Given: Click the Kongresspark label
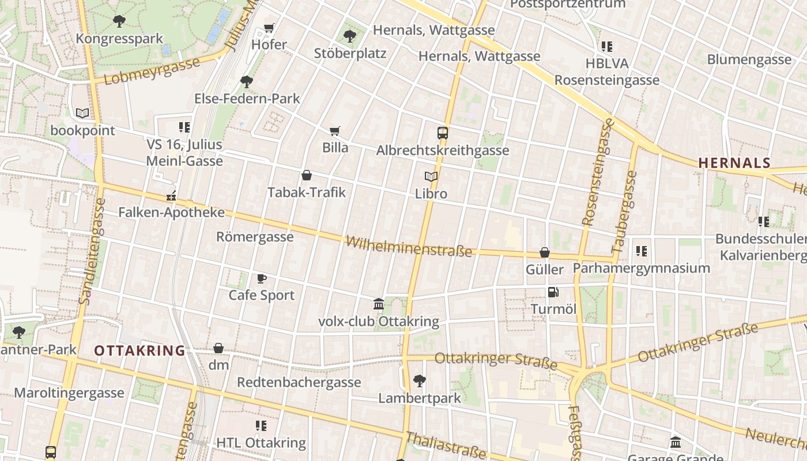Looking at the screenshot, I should [x=120, y=39].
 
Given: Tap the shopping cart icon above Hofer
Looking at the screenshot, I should [x=269, y=28].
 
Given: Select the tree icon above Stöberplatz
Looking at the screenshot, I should [x=349, y=36].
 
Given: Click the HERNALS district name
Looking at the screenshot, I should [x=734, y=163].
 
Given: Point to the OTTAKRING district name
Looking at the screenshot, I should [x=139, y=350].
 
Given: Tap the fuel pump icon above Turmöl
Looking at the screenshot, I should [x=553, y=292].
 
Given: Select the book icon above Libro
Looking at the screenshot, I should [x=431, y=176].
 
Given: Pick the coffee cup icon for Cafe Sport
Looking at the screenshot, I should [x=262, y=278].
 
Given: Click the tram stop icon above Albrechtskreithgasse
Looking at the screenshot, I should [x=443, y=133].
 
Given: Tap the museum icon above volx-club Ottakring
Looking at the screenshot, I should [x=379, y=304].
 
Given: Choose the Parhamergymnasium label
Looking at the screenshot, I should [x=641, y=268].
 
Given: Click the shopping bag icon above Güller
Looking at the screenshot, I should [x=544, y=252].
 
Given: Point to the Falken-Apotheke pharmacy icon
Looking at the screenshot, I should [x=171, y=196].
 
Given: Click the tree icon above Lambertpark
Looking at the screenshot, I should [x=420, y=380].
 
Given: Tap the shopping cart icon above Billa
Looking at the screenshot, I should [x=335, y=131].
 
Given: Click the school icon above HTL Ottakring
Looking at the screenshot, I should [x=261, y=426].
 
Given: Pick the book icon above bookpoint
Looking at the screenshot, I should [x=82, y=114].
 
